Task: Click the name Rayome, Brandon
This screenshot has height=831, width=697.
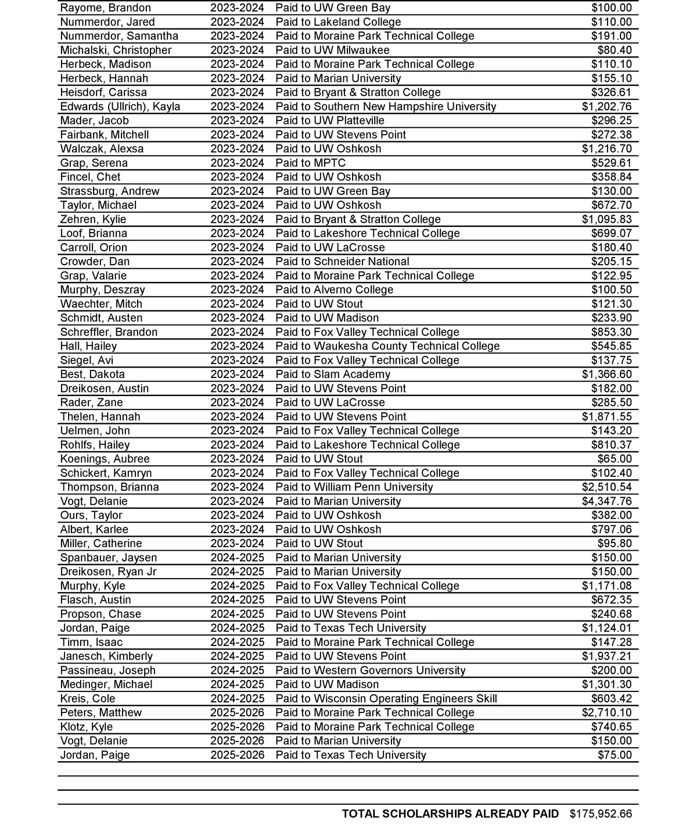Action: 105,8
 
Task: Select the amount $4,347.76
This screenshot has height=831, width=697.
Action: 606,501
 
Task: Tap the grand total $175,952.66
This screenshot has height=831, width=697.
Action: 601,814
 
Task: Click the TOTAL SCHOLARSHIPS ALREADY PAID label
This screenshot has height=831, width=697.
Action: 450,814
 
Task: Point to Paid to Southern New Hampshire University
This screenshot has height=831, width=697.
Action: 386,106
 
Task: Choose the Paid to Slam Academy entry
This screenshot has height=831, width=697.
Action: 333,375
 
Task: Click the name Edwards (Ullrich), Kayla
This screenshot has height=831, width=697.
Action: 120,106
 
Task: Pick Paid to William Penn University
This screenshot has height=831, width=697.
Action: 354,487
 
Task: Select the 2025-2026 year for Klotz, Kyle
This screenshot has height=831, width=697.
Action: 237,727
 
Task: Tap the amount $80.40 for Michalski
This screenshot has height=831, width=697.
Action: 615,50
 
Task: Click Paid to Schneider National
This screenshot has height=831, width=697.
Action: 342,262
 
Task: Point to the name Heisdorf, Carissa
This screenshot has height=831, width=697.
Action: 103,92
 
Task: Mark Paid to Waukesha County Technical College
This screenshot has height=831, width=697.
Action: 387,346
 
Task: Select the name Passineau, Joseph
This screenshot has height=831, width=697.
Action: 108,670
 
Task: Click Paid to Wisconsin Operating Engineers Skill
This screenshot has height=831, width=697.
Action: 386,698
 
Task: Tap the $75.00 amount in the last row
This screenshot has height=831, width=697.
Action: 615,755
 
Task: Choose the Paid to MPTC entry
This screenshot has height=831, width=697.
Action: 310,163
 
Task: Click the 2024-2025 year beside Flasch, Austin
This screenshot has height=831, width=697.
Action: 237,600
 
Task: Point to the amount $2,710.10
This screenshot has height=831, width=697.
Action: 606,713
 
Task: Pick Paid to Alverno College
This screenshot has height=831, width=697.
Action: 334,290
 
